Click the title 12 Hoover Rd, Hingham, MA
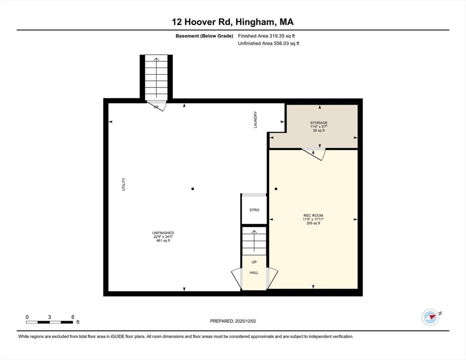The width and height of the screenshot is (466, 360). click(x=233, y=22)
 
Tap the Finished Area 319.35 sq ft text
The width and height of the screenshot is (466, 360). click(x=266, y=36)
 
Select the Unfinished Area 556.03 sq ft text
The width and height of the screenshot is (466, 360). click(x=268, y=44)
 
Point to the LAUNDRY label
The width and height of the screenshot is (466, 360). click(x=256, y=120)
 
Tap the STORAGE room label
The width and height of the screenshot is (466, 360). click(x=318, y=123)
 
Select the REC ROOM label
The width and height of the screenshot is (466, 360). click(x=313, y=216)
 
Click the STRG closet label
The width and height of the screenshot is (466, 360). click(x=254, y=210)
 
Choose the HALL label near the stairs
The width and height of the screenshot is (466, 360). click(x=254, y=272)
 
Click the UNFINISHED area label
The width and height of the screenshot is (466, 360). click(x=163, y=233)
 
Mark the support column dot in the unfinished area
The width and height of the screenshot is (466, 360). click(x=193, y=189)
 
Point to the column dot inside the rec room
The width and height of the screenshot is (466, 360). click(x=276, y=189)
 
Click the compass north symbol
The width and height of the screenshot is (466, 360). click(x=430, y=317)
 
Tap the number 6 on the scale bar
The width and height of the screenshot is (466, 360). click(x=73, y=317)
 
